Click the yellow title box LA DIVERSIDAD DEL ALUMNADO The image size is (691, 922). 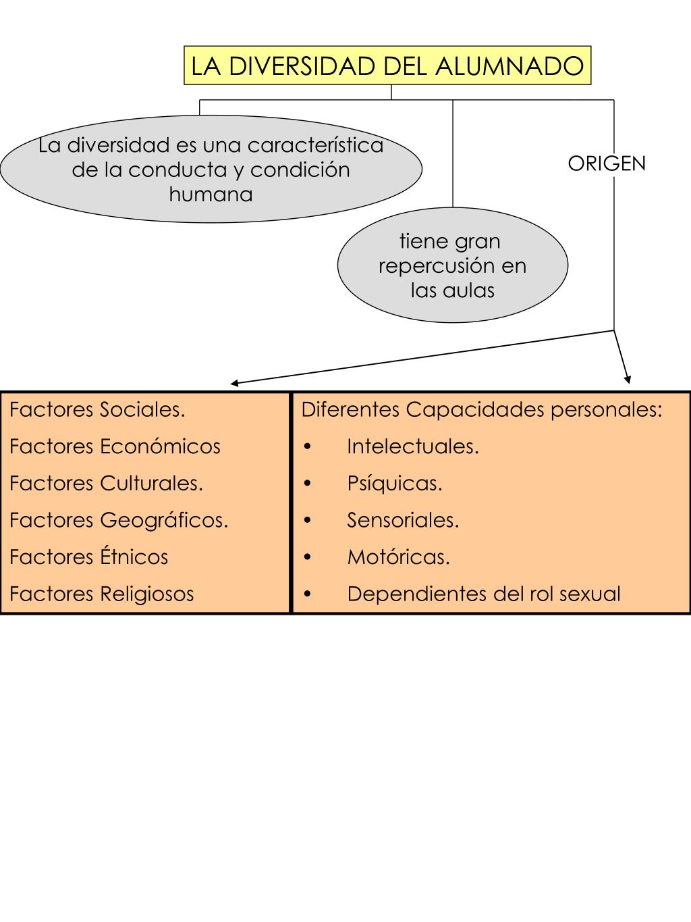pos(387,66)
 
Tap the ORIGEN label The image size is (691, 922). pos(606,163)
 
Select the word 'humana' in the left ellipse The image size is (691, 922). pos(211,195)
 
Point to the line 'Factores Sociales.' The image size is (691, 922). pos(97,409)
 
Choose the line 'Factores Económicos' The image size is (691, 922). pos(115,446)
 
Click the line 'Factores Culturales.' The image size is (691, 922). pos(106,484)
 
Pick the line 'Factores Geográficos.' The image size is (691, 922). pos(119,520)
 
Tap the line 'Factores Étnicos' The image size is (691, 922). pos(88,557)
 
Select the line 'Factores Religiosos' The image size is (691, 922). pos(101,594)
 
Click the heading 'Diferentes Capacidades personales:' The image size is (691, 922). pos(482,409)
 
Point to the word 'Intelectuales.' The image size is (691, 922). pos(413,446)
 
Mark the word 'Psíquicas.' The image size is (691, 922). pos(395,484)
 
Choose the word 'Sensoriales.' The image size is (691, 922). pos(403,520)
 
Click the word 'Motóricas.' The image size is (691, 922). pos(398,557)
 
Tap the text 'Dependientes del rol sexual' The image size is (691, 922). pos(483,594)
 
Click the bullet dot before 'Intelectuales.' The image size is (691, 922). pos(308,447)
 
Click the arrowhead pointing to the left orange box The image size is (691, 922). pos(234,384)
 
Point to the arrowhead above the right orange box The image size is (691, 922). pos(628,379)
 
